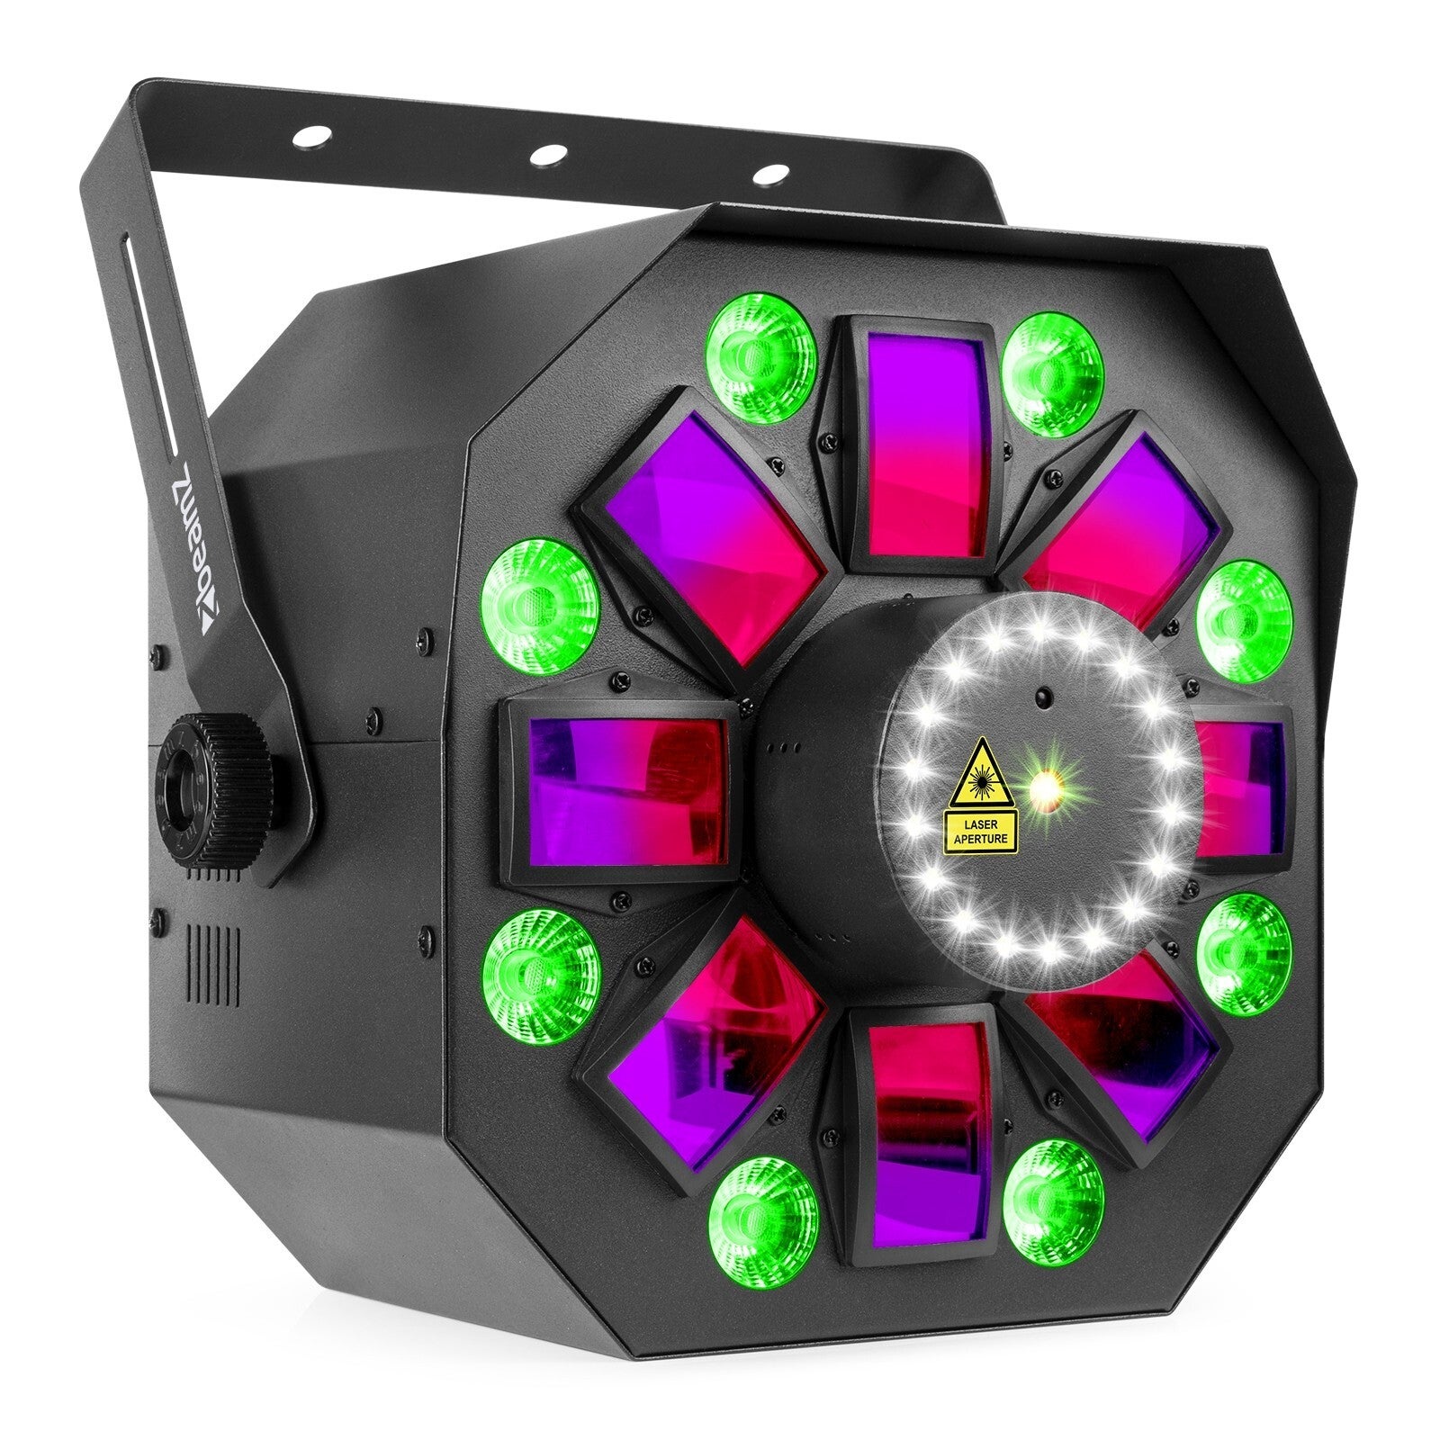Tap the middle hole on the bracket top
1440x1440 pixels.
pyautogui.click(x=543, y=154)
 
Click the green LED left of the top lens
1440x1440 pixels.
pyautogui.click(x=761, y=345)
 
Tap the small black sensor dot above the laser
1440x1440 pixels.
pyautogui.click(x=1042, y=695)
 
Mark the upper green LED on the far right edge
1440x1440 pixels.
pyautogui.click(x=1244, y=609)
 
